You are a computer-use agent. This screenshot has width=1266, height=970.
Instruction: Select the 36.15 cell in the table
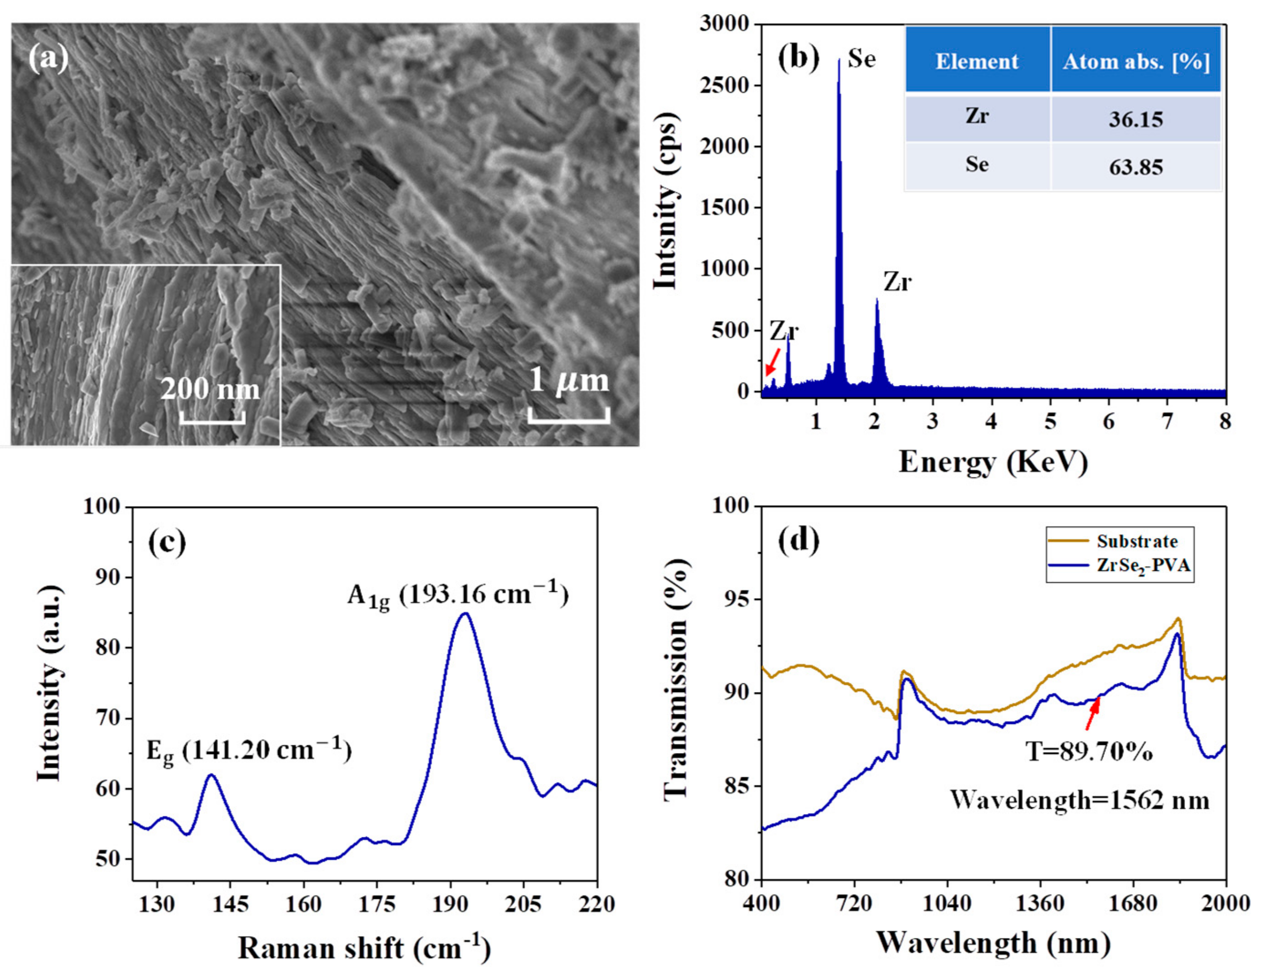tap(1136, 119)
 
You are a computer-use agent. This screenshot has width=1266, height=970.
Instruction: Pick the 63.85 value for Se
tap(1136, 168)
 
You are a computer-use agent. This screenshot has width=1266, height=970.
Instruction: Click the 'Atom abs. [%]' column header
tap(1136, 61)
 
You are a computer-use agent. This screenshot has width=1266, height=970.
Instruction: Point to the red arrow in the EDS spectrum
tap(772, 366)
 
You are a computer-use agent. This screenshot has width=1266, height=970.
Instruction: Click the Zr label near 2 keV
tap(897, 282)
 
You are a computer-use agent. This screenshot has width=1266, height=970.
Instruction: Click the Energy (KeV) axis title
tap(993, 462)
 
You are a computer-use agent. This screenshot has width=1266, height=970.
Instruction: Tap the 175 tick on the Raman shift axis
tap(376, 904)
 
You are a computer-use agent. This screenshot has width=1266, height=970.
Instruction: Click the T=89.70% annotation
tap(1089, 751)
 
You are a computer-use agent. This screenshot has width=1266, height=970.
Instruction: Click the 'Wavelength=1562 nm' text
tap(1079, 800)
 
